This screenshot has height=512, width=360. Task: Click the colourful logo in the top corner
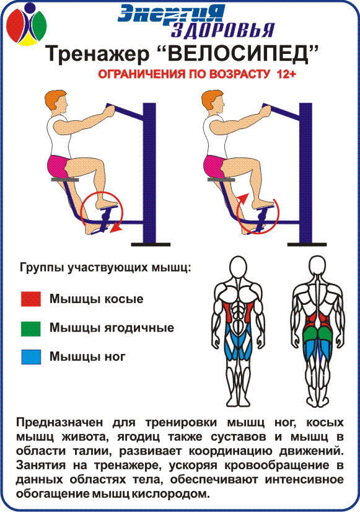pos(27,24)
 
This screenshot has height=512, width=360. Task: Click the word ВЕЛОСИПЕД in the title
pos(239,54)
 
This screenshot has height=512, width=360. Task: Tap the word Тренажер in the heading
pos(97,55)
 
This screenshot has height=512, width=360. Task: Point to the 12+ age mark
pos(286,74)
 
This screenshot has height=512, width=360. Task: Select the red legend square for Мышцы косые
pos(31,299)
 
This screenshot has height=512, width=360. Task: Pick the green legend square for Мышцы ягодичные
pos(31,329)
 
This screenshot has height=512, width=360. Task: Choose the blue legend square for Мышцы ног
pos(31,357)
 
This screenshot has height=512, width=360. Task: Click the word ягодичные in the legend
pos(139,328)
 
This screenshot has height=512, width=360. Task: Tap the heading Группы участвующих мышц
pos(105,268)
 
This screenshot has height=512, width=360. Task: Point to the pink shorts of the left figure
pos(58,166)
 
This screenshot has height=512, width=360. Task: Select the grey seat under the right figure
pos(222,179)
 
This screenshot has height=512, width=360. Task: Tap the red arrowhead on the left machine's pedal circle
pos(115,229)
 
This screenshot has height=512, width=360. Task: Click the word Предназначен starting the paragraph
pos(59,423)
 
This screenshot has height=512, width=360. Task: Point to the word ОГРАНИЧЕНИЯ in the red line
pos(141,74)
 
